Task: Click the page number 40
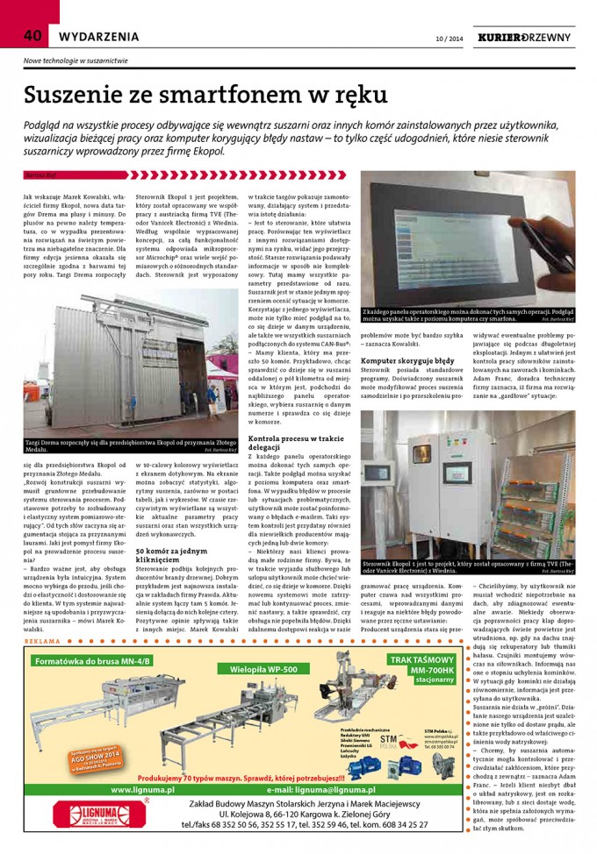pyautogui.click(x=32, y=36)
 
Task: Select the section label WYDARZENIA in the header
pyautogui.click(x=98, y=37)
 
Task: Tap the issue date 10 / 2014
pyautogui.click(x=449, y=39)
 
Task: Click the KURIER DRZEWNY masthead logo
pyautogui.click(x=523, y=38)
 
